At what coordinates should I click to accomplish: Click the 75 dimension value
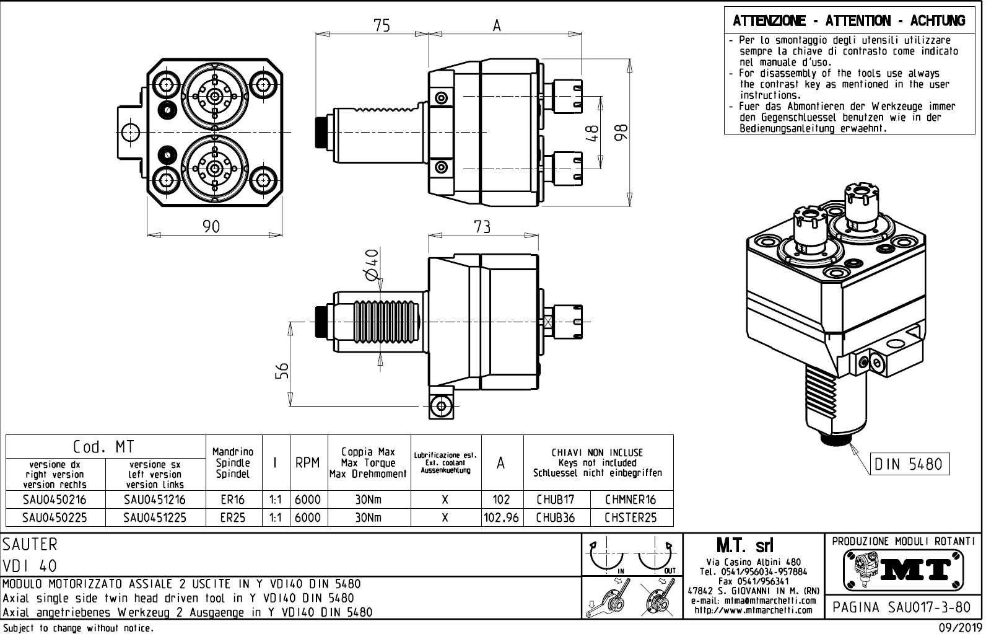click(x=382, y=25)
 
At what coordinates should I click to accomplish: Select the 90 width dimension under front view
click(x=212, y=227)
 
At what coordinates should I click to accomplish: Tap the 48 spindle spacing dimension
click(x=593, y=133)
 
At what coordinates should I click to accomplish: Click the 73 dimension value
click(x=482, y=227)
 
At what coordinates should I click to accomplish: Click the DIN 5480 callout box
click(x=909, y=464)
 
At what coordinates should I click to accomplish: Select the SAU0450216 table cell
click(x=56, y=500)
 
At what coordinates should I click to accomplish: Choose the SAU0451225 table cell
click(x=155, y=517)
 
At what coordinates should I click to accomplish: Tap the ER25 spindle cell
click(x=233, y=517)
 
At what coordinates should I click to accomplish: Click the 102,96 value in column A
click(x=502, y=517)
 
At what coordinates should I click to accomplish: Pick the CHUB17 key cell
click(x=556, y=500)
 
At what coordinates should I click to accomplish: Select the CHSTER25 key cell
click(x=630, y=517)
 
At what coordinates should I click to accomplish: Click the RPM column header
click(x=307, y=463)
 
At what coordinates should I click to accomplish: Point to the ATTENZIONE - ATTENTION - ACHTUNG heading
click(x=849, y=21)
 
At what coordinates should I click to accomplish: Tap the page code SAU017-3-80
click(x=901, y=607)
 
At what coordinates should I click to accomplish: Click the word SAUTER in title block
click(x=30, y=545)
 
